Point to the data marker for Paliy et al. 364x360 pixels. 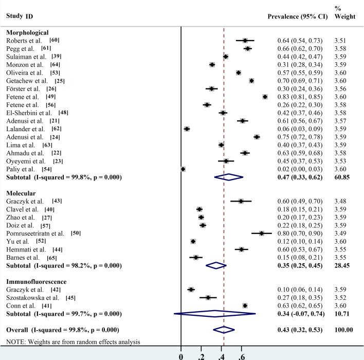(183, 169)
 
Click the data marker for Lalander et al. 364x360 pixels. (187, 129)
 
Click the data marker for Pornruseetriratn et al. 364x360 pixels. (262, 233)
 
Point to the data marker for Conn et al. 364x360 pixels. (245, 305)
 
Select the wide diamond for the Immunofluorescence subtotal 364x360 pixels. (215, 313)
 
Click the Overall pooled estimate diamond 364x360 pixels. (224, 329)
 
